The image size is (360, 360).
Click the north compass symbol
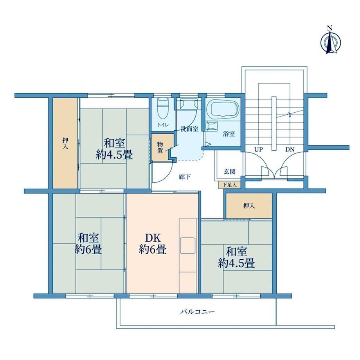pyautogui.click(x=330, y=42)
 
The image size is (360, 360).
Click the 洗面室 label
pyautogui.click(x=189, y=129)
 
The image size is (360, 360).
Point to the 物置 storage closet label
pyautogui.click(x=160, y=148)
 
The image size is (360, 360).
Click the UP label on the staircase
pyautogui.click(x=259, y=150)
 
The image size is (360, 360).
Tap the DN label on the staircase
pyautogui.click(x=290, y=150)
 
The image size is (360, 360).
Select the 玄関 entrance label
pyautogui.click(x=229, y=172)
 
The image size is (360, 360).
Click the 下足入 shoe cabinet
pyautogui.click(x=229, y=185)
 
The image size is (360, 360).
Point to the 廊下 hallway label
pyautogui.click(x=185, y=177)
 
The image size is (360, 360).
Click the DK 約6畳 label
pyautogui.click(x=153, y=244)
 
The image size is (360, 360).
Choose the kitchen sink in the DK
pyautogui.click(x=188, y=245)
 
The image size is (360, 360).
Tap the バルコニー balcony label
pyautogui.click(x=198, y=312)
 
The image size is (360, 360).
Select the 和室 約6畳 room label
pyautogui.click(x=88, y=244)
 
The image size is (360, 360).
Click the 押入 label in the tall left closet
pyautogui.click(x=65, y=144)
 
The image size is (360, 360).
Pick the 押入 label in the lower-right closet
pyautogui.click(x=249, y=206)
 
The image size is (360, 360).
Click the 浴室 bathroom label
pyautogui.click(x=229, y=134)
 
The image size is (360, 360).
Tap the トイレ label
pyautogui.click(x=163, y=125)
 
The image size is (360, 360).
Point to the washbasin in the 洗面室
pyautogui.click(x=188, y=104)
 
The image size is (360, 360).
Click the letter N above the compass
pyautogui.click(x=330, y=28)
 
